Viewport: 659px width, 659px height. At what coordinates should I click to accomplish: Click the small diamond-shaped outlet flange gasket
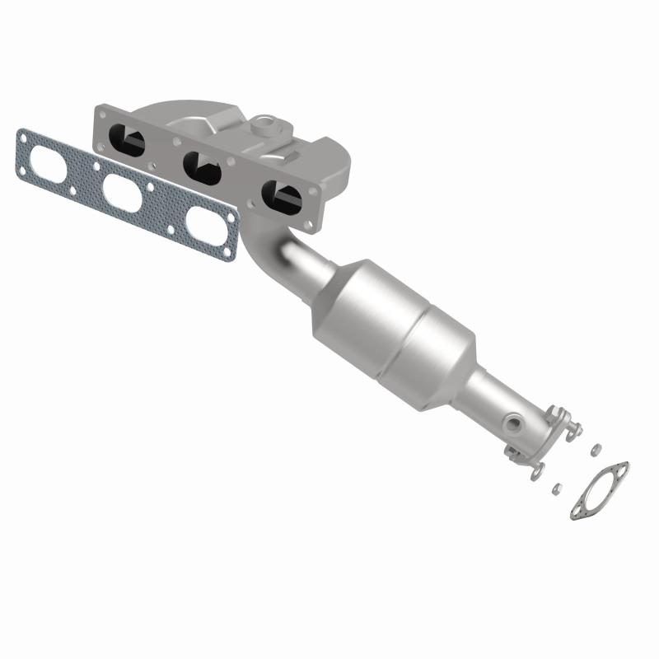[599, 492]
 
